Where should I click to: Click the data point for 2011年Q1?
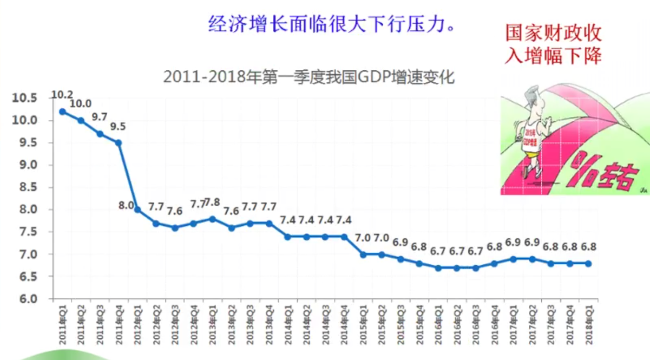click(62, 112)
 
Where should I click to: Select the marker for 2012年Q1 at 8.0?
click(137, 210)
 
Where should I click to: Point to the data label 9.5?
click(118, 127)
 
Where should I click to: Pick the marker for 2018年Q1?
click(589, 264)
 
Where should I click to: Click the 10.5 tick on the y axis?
click(26, 98)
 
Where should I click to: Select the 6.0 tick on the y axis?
click(26, 299)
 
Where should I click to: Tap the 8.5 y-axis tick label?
click(26, 187)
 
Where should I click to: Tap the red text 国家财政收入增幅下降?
click(553, 44)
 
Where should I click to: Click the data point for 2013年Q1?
click(213, 219)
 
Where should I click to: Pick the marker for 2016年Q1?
click(438, 268)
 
